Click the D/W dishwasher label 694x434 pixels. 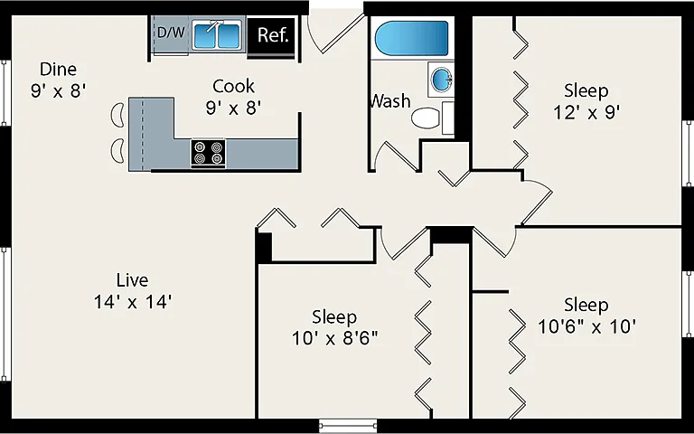(x=171, y=33)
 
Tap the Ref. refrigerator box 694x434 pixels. (x=271, y=35)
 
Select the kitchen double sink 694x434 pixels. (x=216, y=36)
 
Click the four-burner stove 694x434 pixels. (x=208, y=153)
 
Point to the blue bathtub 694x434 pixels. (x=412, y=38)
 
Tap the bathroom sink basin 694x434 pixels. (x=441, y=80)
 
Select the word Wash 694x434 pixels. (x=390, y=101)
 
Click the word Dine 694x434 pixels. (x=58, y=69)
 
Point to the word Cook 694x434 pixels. (x=234, y=86)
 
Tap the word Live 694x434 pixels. (x=132, y=280)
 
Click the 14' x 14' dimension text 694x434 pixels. (x=132, y=303)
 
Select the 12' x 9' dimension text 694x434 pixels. (x=586, y=112)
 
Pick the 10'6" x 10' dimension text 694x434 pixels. (x=586, y=327)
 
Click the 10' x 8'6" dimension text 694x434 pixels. (x=334, y=339)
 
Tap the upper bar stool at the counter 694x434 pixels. (x=117, y=115)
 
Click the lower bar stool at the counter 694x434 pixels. (x=117, y=151)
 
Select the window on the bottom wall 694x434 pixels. (x=348, y=426)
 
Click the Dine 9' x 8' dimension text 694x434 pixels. (x=58, y=91)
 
